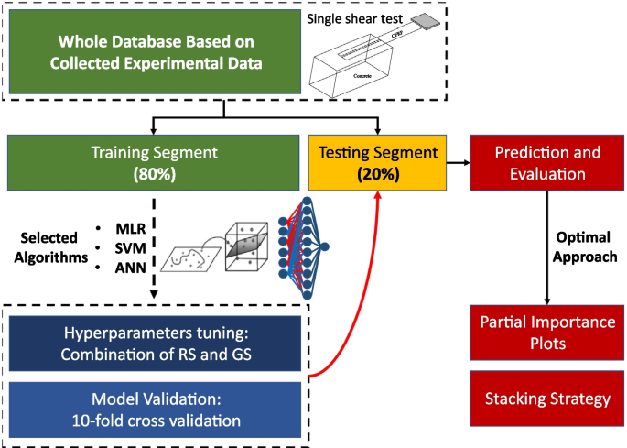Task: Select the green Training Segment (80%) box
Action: pyautogui.click(x=153, y=162)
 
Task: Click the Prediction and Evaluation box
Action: pyautogui.click(x=546, y=162)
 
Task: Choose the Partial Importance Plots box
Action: pyautogui.click(x=546, y=332)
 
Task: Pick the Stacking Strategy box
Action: pyautogui.click(x=546, y=399)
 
